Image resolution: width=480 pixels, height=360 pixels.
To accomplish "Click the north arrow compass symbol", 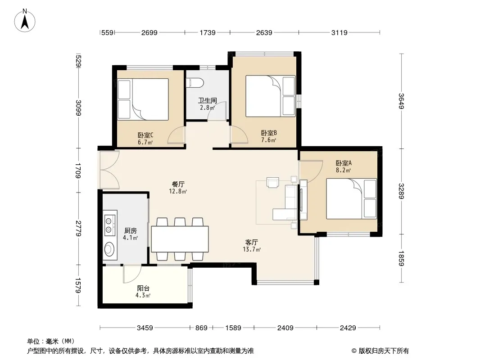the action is pos(25,20).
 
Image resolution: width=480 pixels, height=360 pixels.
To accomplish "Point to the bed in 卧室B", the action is pos(271,96).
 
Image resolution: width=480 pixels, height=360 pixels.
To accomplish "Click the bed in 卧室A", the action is pos(351,199).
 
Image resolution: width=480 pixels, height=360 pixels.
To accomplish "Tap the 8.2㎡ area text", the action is pos(343,171).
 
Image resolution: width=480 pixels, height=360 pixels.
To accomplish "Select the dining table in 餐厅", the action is pos(180,239).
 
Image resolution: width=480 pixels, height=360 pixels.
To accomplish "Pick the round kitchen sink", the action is pos(109,249).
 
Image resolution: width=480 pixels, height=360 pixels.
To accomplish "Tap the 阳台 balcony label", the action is pos(143,288).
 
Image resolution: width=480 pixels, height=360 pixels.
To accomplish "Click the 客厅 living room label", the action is pos(251,242).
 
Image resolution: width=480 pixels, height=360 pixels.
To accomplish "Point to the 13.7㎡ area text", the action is pos(252,249).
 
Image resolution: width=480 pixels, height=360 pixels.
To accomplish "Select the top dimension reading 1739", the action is pos(208,32).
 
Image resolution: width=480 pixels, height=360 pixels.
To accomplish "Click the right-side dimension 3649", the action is pos(402,101).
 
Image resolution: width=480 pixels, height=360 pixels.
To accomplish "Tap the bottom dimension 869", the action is pos(201,328).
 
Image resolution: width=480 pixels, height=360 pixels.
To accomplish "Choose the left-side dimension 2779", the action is pos(78,229).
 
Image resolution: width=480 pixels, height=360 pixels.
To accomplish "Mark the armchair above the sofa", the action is pos(272,182).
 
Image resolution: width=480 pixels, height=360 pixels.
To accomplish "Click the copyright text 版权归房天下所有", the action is pos(384,351).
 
